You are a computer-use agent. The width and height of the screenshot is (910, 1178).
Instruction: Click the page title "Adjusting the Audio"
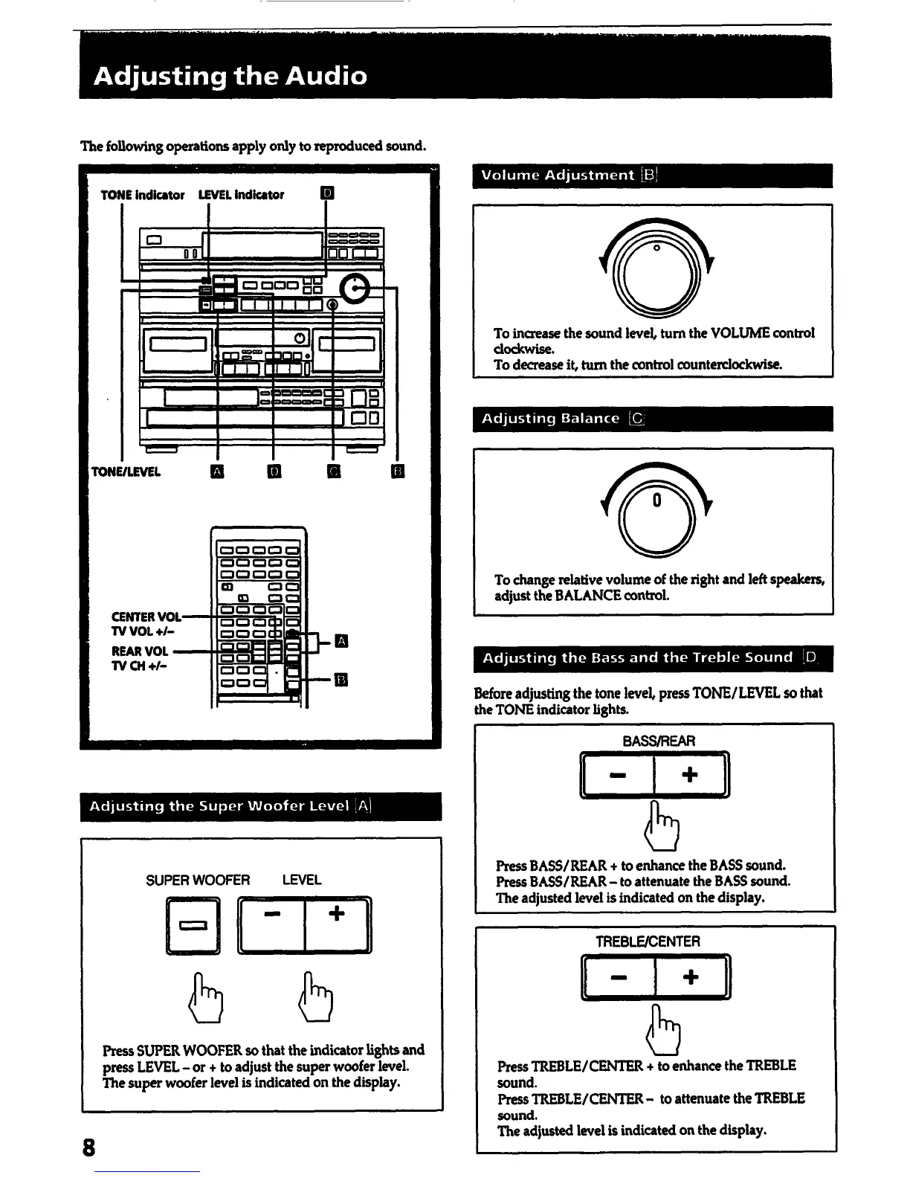click(x=230, y=76)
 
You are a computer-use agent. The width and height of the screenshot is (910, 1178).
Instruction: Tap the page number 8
click(x=89, y=1148)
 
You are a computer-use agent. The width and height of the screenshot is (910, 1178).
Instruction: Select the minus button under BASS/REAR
click(x=617, y=775)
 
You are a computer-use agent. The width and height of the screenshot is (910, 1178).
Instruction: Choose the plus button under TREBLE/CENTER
click(x=691, y=976)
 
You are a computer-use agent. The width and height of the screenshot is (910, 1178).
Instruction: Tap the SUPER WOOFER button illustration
click(x=193, y=926)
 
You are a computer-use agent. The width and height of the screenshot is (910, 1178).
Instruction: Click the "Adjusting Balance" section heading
click(x=551, y=419)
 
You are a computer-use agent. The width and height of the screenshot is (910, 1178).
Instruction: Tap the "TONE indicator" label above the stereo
click(x=142, y=195)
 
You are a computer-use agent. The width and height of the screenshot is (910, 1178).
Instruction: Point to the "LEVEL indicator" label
click(x=241, y=195)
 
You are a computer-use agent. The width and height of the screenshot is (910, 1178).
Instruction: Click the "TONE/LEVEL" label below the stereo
click(x=126, y=471)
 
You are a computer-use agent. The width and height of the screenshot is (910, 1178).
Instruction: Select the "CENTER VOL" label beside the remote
click(x=146, y=617)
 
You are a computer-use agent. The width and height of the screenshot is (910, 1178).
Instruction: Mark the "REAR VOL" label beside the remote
click(x=140, y=651)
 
